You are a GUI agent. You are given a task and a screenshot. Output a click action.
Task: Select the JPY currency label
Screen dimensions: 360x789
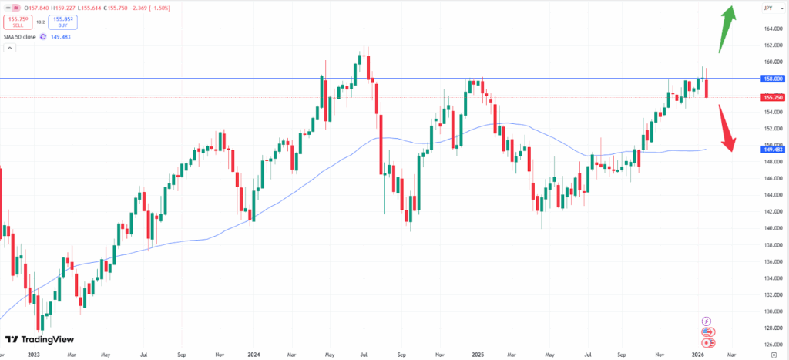point(767,8)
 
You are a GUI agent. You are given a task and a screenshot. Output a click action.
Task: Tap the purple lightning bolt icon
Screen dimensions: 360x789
point(707,321)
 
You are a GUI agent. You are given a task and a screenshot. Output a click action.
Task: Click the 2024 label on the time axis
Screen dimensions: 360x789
point(254,354)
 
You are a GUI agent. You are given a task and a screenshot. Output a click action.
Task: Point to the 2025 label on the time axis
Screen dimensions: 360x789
point(478,354)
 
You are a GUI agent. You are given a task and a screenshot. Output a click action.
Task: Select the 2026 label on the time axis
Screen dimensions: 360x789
point(698,354)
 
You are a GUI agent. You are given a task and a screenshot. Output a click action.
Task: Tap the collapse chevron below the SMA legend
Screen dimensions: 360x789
point(11,48)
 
